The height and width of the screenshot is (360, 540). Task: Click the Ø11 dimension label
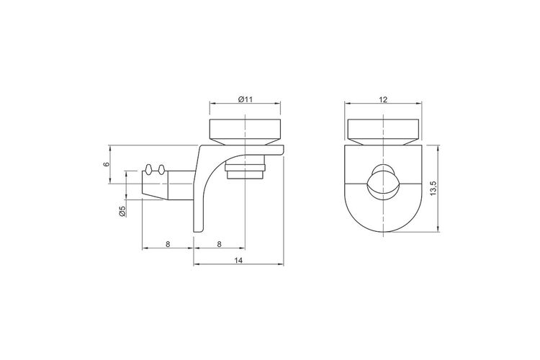246,99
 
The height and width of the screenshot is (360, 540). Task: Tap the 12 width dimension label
383,100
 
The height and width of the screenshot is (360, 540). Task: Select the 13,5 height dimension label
433,189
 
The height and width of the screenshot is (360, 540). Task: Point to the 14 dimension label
238,261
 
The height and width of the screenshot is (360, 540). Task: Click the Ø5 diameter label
122,211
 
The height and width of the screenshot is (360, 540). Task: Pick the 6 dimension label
107,164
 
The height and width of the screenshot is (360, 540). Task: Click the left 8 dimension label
168,244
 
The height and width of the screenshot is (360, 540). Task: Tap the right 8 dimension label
219,244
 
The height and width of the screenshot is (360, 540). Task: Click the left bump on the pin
148,168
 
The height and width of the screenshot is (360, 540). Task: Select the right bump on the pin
161,169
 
